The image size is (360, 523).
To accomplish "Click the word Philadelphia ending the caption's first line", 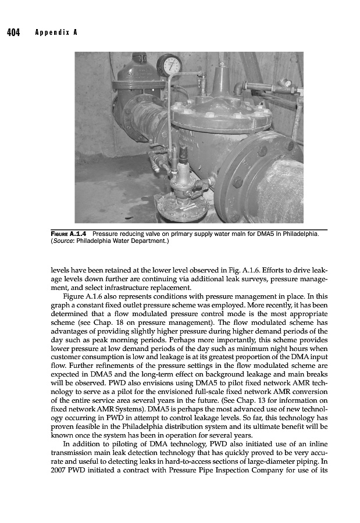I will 300,234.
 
